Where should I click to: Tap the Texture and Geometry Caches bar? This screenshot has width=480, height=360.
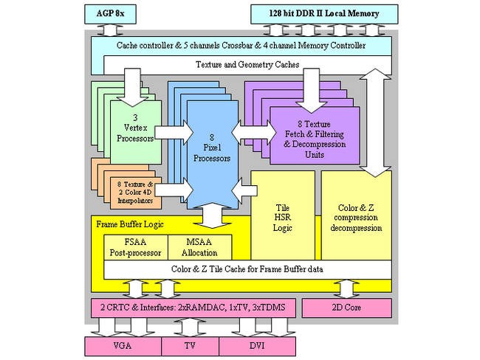point(247,65)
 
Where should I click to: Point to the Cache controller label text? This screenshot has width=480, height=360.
point(241,46)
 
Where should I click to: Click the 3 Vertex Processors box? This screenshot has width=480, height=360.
point(136,128)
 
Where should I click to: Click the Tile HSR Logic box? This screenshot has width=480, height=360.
point(284,217)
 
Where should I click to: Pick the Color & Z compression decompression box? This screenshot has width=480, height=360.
point(356,217)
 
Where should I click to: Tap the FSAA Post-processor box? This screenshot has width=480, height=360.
point(136,246)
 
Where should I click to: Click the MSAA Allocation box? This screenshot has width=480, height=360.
point(200,246)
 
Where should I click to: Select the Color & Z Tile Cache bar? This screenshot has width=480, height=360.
point(247,269)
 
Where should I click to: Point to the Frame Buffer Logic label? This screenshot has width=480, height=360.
point(131,222)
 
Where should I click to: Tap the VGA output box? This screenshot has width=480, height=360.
point(123,345)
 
